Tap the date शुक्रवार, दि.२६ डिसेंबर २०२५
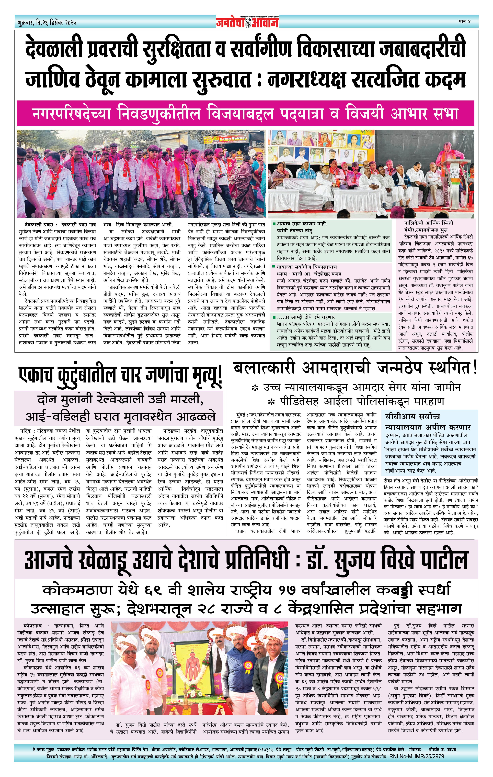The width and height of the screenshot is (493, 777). click(x=47, y=23)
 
